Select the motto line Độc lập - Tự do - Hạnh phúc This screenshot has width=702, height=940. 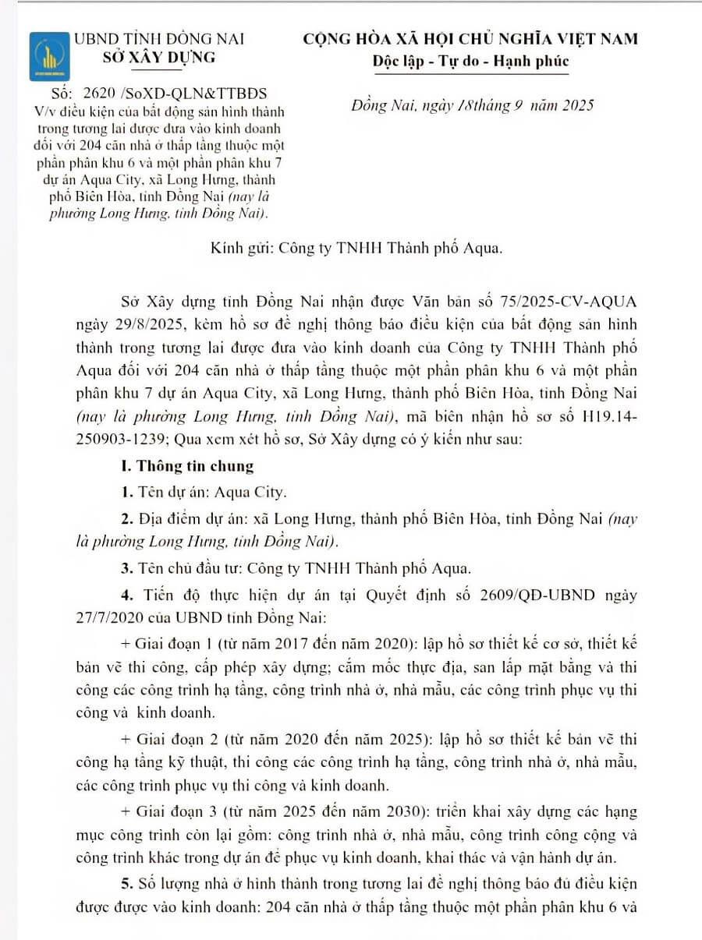point(480,62)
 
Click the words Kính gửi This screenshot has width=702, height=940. point(240,249)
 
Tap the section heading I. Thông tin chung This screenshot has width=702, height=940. point(187,466)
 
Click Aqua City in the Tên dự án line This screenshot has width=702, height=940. point(250,492)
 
